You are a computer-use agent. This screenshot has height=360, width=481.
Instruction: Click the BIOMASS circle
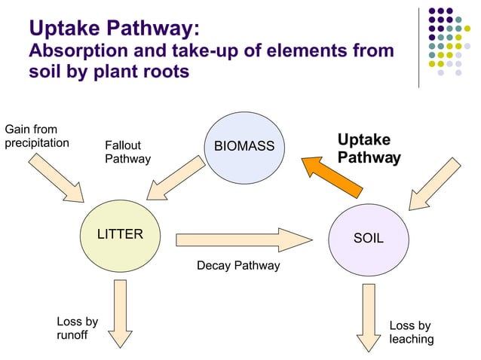point(244,148)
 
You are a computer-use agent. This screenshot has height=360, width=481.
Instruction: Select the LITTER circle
point(121,236)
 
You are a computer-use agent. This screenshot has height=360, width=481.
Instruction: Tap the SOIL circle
point(369,240)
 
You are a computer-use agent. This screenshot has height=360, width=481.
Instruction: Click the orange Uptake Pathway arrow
point(332,177)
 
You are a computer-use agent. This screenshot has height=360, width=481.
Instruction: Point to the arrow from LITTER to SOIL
point(244,240)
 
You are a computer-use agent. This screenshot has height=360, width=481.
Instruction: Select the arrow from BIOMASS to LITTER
point(176,178)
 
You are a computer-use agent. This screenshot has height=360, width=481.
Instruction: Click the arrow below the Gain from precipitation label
point(56,178)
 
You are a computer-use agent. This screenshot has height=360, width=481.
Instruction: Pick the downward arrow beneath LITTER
point(121,314)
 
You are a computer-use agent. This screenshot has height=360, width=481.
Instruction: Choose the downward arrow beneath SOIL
point(369,318)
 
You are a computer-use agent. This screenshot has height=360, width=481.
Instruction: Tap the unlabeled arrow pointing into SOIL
point(435,184)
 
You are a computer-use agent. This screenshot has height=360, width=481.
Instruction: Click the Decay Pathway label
point(238,266)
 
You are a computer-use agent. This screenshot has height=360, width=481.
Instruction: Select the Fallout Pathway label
point(128,152)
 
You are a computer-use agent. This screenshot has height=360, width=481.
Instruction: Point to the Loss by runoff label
point(78,328)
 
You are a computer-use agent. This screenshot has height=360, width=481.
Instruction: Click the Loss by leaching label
point(412,332)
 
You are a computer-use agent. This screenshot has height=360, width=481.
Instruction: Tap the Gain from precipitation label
point(37,136)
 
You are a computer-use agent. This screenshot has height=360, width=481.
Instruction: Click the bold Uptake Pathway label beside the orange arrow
point(369,148)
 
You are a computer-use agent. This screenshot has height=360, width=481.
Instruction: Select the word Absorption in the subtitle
point(78,50)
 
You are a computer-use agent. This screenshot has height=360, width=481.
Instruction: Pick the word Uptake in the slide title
point(64,28)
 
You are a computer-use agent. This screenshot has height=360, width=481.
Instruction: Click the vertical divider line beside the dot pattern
point(418,47)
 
